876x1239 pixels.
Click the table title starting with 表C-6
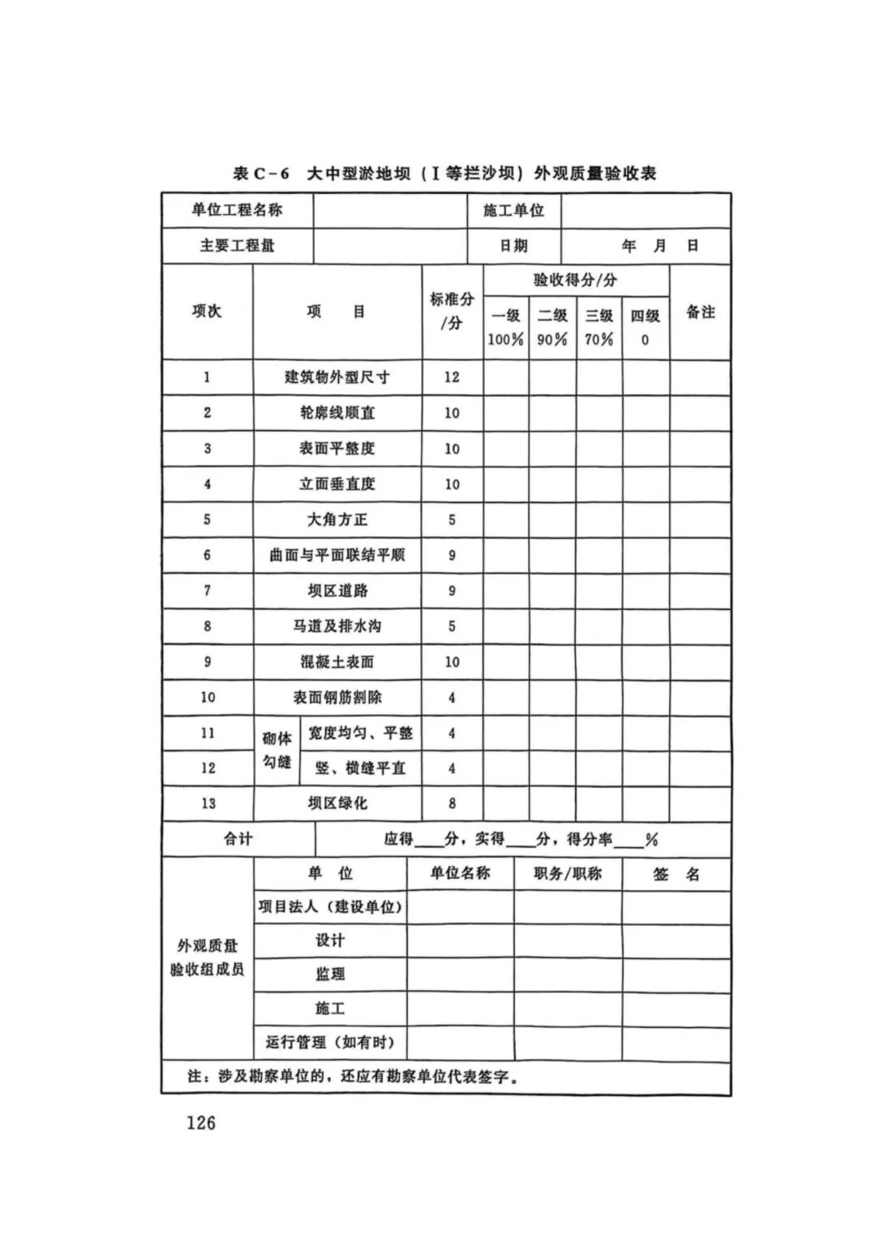click(x=444, y=173)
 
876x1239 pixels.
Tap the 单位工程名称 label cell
click(x=237, y=210)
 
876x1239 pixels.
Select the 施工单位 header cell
click(x=513, y=210)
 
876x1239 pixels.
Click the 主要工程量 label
click(x=237, y=245)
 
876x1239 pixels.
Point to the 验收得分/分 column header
click(x=575, y=280)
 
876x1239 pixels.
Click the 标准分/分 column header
click(x=452, y=311)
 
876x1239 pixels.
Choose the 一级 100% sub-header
click(x=505, y=327)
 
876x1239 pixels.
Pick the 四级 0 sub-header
click(x=646, y=327)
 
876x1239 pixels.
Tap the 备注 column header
click(x=700, y=312)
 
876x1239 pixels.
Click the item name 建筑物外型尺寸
click(x=337, y=376)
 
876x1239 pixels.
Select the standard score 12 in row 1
click(x=452, y=376)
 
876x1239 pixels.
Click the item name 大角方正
click(x=337, y=519)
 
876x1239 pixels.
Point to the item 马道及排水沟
click(x=337, y=626)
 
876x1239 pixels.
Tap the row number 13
click(x=208, y=803)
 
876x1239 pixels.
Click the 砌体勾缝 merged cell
click(x=277, y=750)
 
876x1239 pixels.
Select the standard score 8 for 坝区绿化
click(x=452, y=803)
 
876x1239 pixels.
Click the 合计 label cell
click(x=238, y=839)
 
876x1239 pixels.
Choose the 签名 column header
click(x=676, y=874)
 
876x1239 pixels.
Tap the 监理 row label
click(x=330, y=974)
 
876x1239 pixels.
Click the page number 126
click(x=200, y=1123)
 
